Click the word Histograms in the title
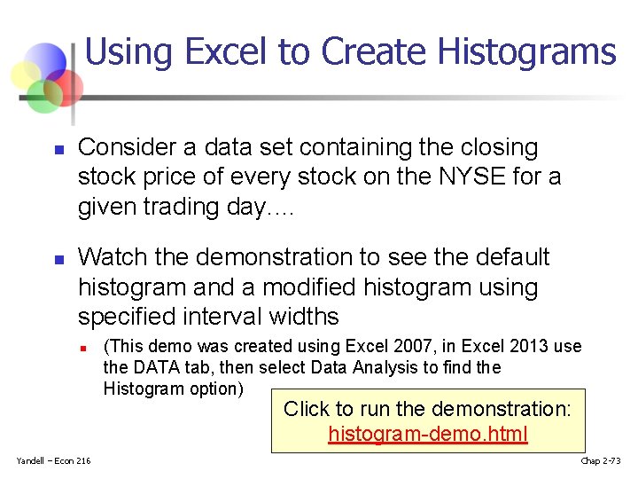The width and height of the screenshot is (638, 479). pos(540,52)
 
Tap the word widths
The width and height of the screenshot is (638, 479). pos(303,317)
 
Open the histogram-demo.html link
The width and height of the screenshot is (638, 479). pos(428,434)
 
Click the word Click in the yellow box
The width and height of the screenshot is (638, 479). pos(306,409)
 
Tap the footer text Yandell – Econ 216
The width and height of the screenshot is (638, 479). pos(53,459)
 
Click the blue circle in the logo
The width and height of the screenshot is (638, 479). pos(44,62)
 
